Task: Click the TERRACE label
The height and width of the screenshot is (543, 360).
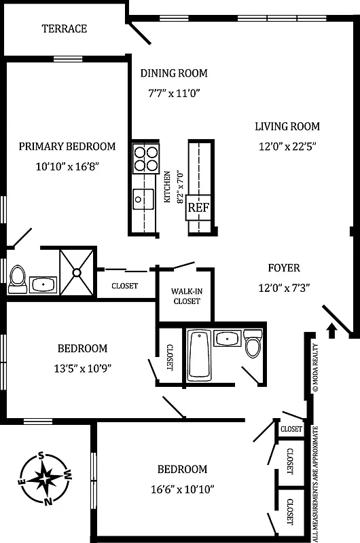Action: click(x=65, y=29)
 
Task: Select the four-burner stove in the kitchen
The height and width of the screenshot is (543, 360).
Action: click(x=145, y=158)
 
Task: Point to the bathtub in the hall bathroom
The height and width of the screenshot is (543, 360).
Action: click(x=199, y=354)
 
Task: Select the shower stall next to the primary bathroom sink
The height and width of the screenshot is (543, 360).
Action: click(x=77, y=272)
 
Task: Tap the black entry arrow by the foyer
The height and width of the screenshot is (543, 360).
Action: click(x=331, y=331)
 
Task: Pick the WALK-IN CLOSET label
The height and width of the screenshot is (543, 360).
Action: click(x=186, y=296)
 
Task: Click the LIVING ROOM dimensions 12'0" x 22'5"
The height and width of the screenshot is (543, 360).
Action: click(x=287, y=145)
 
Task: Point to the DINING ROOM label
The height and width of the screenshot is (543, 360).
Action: click(x=173, y=73)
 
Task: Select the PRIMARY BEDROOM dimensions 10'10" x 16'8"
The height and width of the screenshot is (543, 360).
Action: click(x=66, y=166)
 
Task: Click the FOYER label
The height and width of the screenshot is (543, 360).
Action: click(x=283, y=268)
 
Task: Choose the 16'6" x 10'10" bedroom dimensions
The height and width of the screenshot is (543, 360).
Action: click(x=182, y=489)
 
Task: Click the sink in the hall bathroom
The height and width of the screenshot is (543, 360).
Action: click(x=225, y=339)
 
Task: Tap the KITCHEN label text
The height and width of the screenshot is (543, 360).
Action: click(x=166, y=187)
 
